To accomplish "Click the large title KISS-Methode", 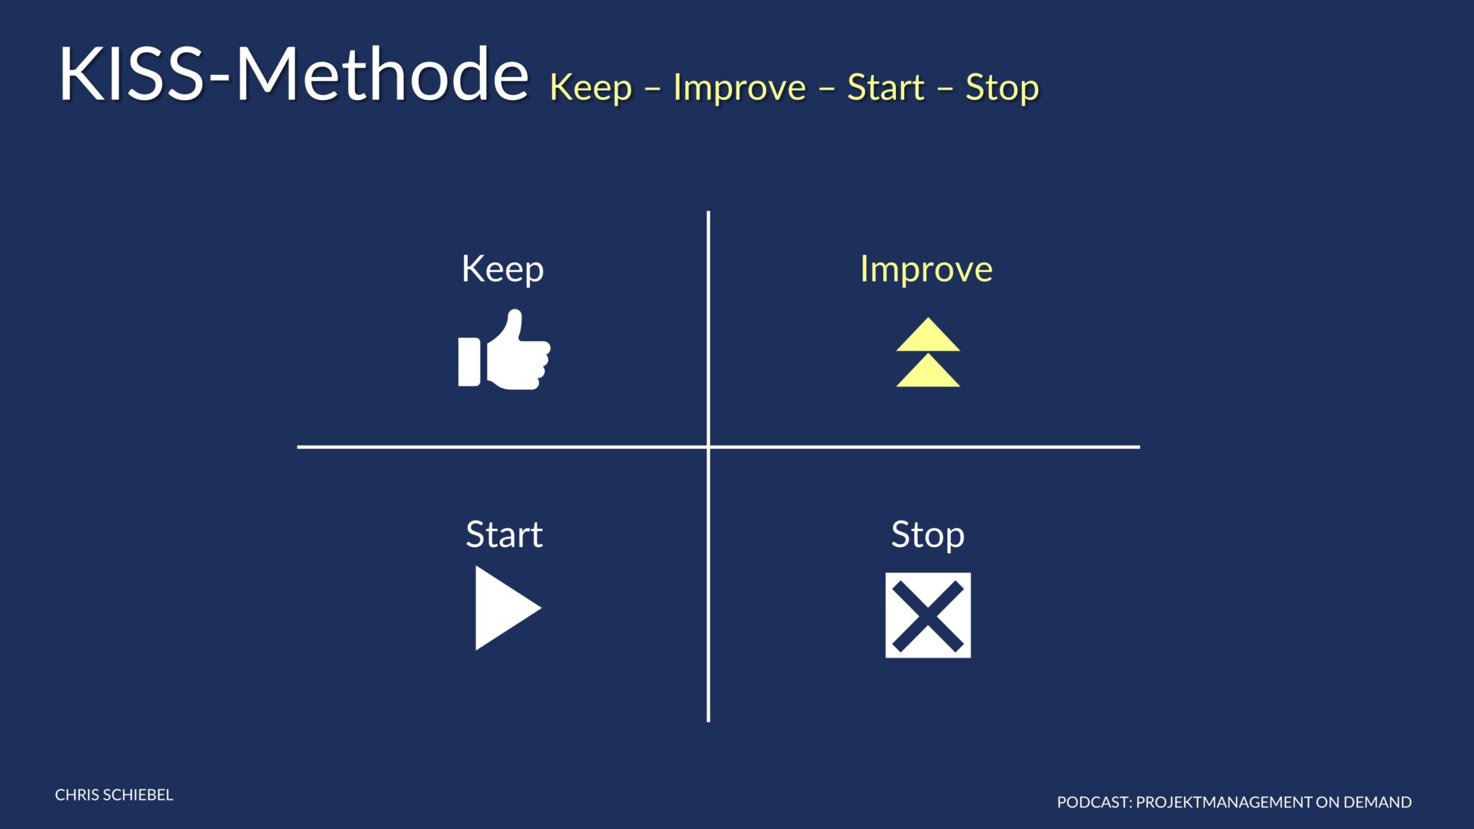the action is [294, 73].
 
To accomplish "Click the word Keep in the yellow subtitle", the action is [591, 89].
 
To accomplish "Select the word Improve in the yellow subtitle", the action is [740, 88].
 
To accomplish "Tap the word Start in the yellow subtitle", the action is [885, 88].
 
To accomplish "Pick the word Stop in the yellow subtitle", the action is [1002, 89].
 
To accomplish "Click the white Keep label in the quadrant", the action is [502, 270].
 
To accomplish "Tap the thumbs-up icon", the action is [504, 350].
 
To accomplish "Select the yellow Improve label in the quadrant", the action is [926, 270].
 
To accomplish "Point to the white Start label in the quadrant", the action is [504, 535].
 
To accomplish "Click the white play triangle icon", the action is [504, 608].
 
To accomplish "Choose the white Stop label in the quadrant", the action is [928, 535].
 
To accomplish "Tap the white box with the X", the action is [928, 615].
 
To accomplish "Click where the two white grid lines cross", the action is [708, 447].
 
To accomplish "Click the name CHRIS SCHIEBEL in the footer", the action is [114, 794].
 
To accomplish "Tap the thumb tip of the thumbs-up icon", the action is [515, 313].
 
